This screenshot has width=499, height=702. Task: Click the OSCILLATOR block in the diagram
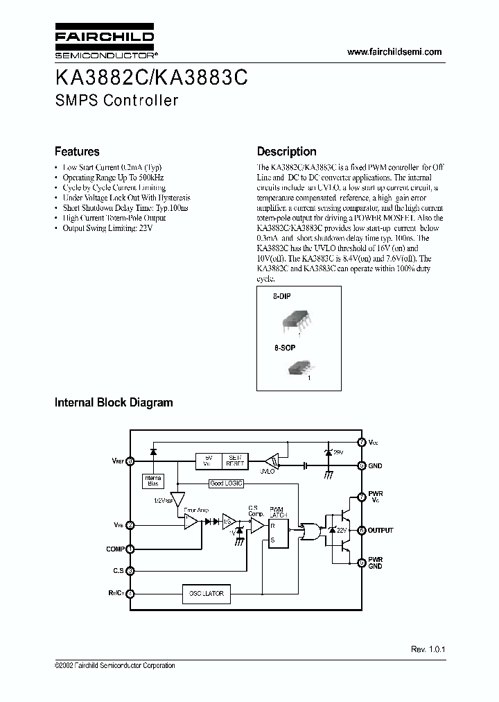click(205, 594)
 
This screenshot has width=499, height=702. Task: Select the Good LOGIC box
click(225, 483)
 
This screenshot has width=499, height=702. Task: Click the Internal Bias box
click(152, 480)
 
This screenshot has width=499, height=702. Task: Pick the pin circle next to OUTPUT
click(361, 530)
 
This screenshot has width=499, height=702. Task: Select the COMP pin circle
click(130, 549)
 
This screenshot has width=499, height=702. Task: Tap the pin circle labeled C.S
click(130, 571)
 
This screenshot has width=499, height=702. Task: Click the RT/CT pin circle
click(130, 593)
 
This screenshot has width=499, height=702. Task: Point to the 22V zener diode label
click(342, 531)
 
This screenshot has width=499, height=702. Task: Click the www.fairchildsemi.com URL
click(394, 52)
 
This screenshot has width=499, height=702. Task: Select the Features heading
click(77, 151)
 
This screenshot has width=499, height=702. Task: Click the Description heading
click(286, 151)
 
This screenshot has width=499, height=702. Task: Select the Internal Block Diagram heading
click(114, 402)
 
